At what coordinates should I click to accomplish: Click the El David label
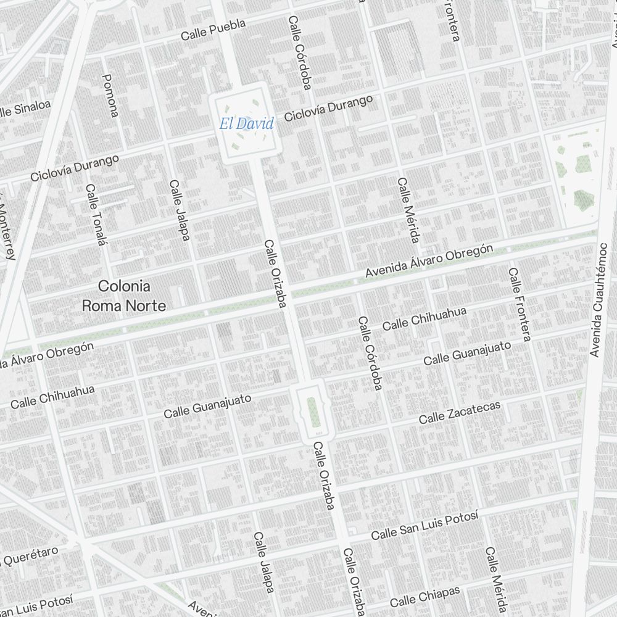(x=246, y=124)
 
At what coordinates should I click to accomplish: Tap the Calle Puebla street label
(x=213, y=30)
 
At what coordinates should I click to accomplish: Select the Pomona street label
(x=110, y=95)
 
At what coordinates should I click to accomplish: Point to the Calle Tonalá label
(x=96, y=215)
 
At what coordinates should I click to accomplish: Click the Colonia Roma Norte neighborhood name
(x=124, y=296)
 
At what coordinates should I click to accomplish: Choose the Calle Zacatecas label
(x=460, y=412)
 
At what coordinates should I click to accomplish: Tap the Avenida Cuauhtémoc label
(x=599, y=300)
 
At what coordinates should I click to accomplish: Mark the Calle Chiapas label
(x=424, y=597)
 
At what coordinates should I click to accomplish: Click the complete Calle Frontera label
(x=520, y=304)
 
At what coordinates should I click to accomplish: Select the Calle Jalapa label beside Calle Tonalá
(x=180, y=210)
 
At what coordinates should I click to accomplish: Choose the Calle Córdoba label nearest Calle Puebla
(x=299, y=53)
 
